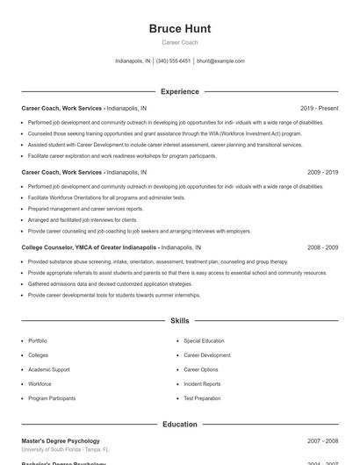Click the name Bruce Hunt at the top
tap(180, 29)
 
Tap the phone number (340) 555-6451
tap(174, 61)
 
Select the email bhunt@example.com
tap(220, 61)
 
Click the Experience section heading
tap(180, 91)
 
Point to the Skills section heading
tap(180, 321)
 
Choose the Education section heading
tap(180, 424)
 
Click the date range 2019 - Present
tap(319, 108)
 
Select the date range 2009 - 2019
tap(322, 173)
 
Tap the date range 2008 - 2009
tap(322, 247)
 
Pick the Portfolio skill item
tap(38, 340)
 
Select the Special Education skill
tap(204, 340)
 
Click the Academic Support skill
tap(49, 369)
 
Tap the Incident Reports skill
tap(202, 383)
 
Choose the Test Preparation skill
tap(202, 398)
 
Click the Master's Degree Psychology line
tap(61, 440)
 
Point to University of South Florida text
tap(53, 449)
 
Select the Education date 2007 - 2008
tap(322, 440)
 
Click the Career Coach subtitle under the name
tap(180, 42)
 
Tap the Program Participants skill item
tap(52, 398)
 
